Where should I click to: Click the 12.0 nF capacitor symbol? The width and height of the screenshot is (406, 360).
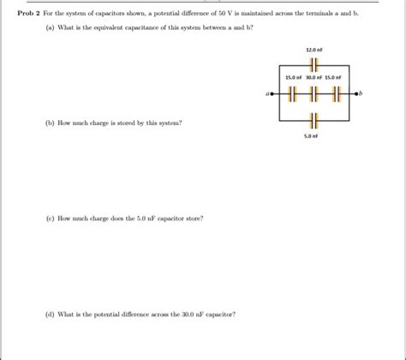313,64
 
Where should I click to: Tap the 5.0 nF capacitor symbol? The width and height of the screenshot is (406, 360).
313,118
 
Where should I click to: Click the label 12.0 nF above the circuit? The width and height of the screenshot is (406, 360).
313,51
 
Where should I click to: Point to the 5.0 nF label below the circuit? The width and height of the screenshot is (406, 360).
313,135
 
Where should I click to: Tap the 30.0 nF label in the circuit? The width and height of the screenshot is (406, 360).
313,79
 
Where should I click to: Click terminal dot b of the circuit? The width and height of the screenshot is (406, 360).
355,94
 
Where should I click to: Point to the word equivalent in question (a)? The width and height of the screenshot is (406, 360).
121,28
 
